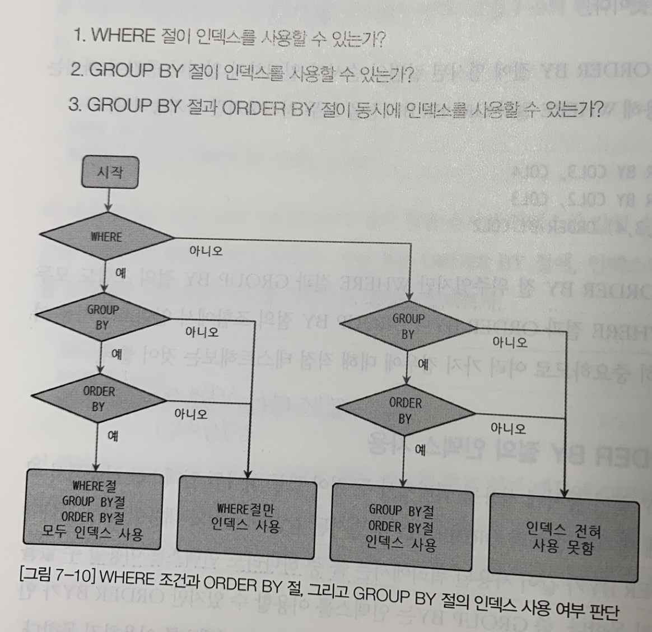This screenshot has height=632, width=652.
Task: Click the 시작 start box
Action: (x=109, y=172)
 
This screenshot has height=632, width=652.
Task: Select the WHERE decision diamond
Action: (x=106, y=237)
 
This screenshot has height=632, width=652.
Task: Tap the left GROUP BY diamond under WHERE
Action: (x=103, y=317)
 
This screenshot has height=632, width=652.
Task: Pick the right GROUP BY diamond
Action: (x=408, y=326)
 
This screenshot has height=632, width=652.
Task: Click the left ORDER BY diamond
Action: (x=99, y=398)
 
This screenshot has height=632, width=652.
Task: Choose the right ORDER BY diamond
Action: (x=405, y=411)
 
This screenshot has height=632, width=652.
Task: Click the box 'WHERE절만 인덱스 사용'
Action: (x=245, y=517)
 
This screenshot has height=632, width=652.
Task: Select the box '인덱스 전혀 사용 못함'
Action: (x=563, y=537)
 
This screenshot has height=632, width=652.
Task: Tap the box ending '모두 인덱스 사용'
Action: (x=94, y=509)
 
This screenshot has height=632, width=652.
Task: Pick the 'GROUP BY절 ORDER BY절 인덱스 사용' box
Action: (x=400, y=527)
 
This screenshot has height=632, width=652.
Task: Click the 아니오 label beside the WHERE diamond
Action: (x=206, y=250)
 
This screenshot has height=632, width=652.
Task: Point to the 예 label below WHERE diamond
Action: (x=121, y=273)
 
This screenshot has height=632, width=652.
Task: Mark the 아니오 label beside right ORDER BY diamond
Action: (x=508, y=429)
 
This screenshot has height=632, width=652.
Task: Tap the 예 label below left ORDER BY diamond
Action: (x=112, y=435)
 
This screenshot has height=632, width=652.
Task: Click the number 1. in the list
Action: (x=79, y=35)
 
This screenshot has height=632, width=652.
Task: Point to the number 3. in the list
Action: (x=74, y=105)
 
